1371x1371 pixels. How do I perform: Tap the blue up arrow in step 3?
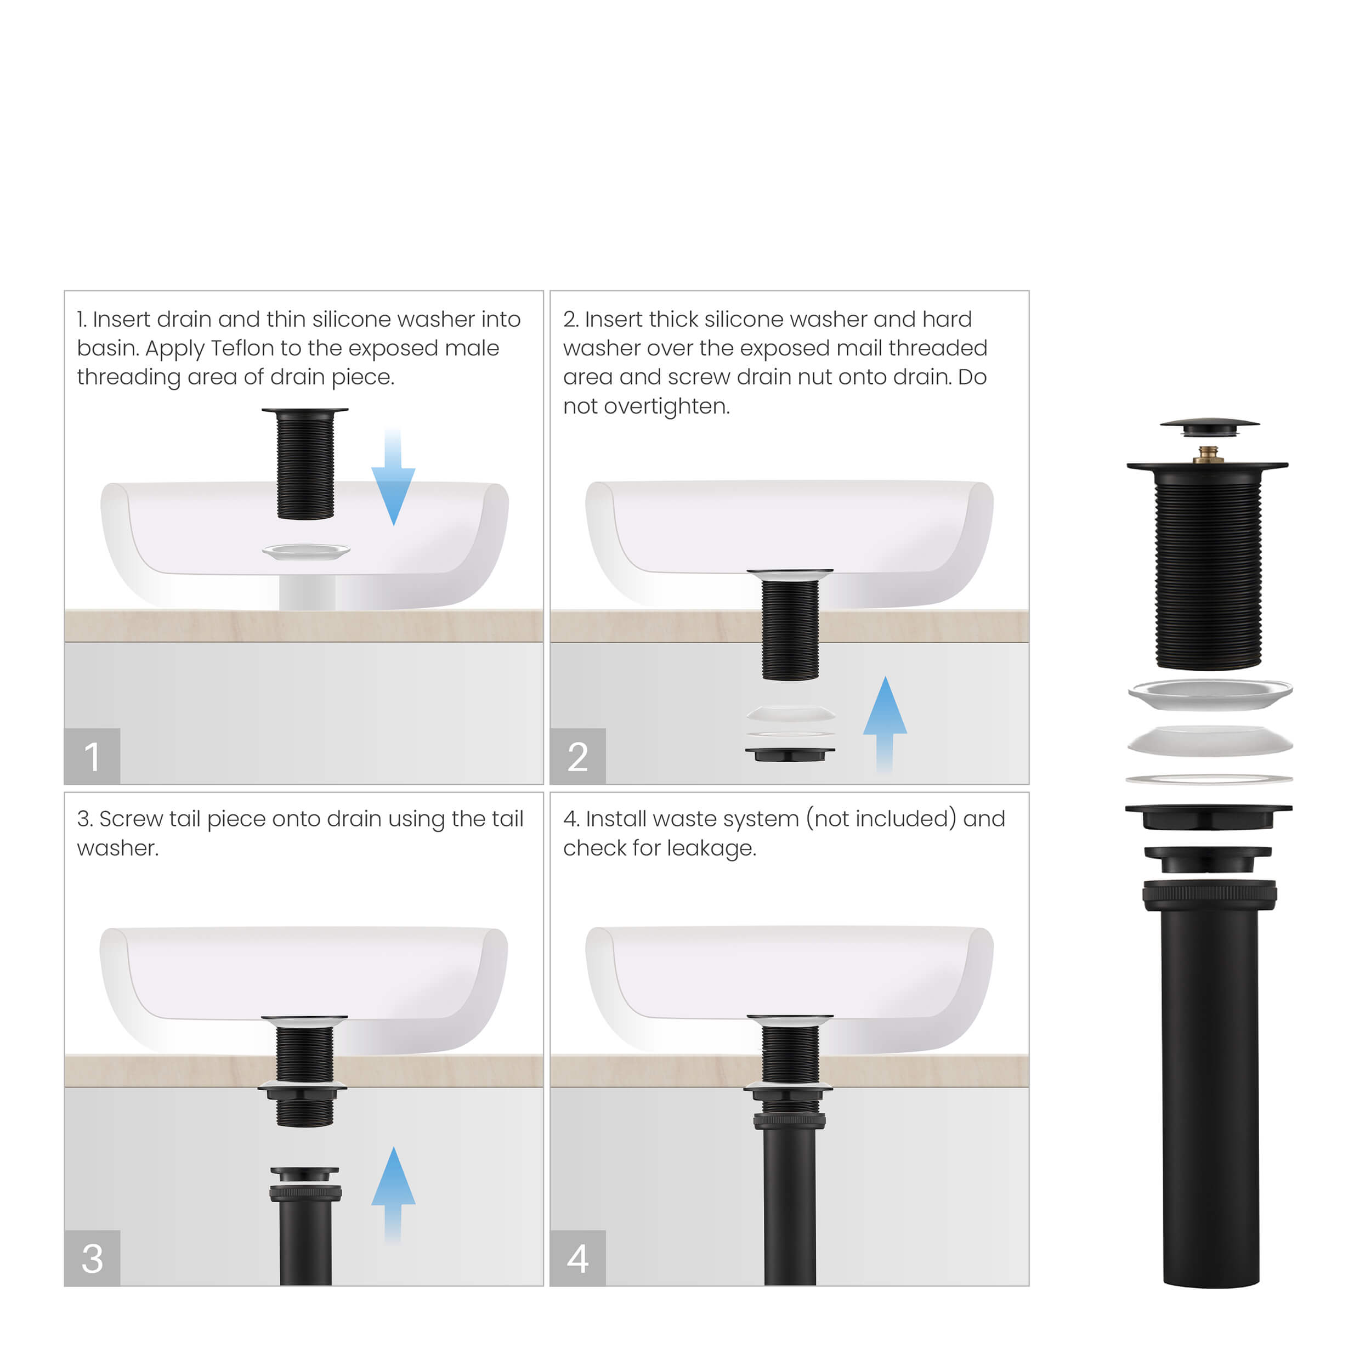[393, 1187]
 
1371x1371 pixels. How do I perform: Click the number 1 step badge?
[92, 756]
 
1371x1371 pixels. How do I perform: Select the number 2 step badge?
[577, 756]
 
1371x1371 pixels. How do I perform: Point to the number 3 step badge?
[92, 1257]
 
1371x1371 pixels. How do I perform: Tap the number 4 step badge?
[577, 1257]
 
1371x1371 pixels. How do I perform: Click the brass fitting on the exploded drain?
[1207, 454]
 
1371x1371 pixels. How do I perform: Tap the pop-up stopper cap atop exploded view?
[1209, 426]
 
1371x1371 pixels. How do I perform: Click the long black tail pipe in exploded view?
[1210, 1093]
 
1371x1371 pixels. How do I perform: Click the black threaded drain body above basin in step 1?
[305, 465]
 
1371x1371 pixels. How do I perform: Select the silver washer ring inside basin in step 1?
[306, 551]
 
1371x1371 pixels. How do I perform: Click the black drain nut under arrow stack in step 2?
[790, 754]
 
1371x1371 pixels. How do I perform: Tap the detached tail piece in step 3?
[305, 1228]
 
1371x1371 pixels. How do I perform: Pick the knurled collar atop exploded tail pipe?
[1209, 894]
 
